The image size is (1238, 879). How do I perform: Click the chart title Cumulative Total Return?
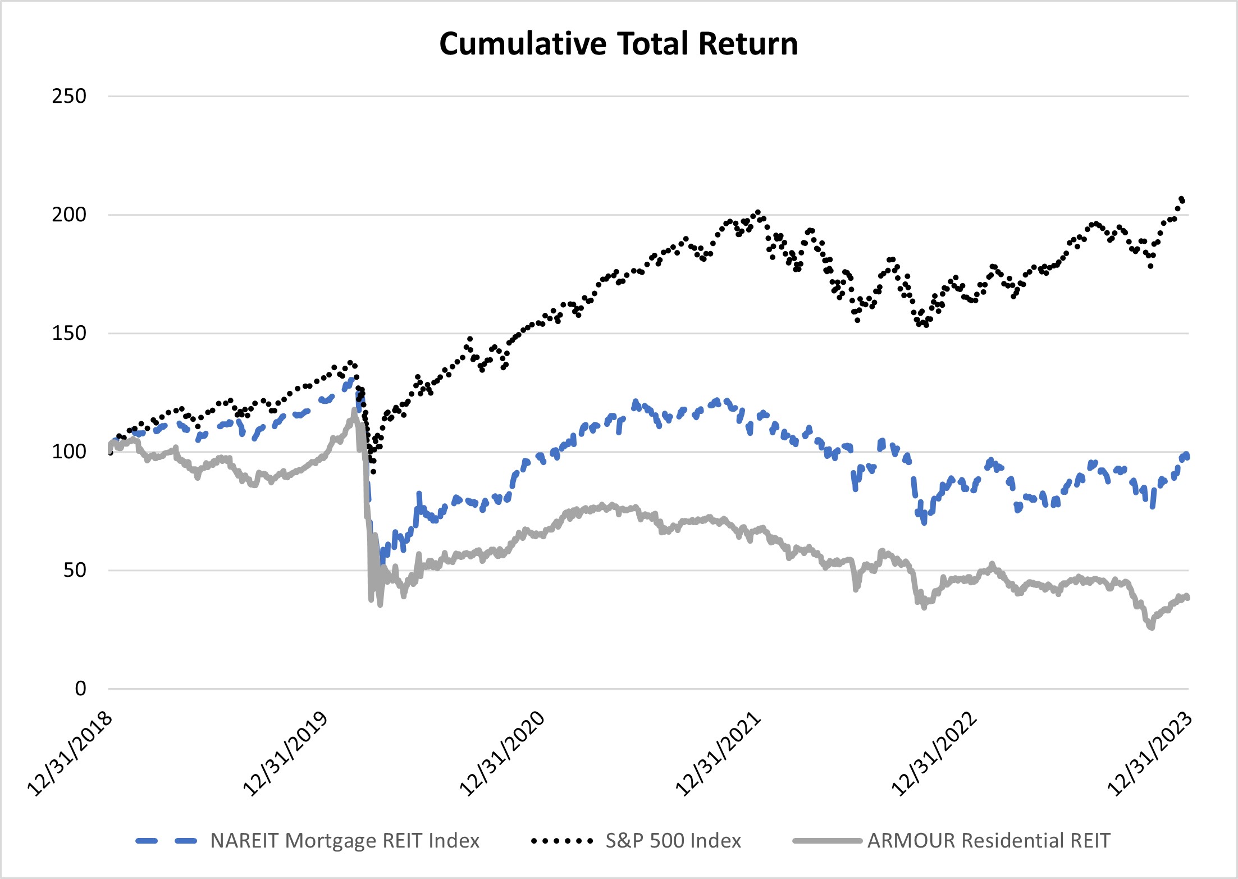(x=618, y=44)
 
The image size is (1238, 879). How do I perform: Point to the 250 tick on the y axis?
(x=69, y=96)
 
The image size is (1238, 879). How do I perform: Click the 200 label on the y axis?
(x=69, y=215)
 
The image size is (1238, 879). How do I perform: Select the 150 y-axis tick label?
(x=69, y=333)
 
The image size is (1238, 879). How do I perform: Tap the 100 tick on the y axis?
(x=69, y=452)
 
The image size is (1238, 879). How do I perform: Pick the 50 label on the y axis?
(x=74, y=570)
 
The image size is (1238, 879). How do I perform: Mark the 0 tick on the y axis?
(x=80, y=689)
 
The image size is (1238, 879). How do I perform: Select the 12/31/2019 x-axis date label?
(x=286, y=754)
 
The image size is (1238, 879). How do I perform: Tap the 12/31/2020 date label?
(x=502, y=754)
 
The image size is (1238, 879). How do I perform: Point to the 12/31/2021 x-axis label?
(x=719, y=754)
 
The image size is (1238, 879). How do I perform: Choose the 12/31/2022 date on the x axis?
(x=935, y=754)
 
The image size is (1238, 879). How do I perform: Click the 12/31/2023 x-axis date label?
(x=1150, y=754)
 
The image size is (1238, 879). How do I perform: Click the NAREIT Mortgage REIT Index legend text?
(x=345, y=841)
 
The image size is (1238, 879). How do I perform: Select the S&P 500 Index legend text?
(x=673, y=841)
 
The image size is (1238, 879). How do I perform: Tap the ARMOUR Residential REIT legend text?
(x=989, y=841)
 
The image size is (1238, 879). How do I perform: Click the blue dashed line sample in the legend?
(x=166, y=841)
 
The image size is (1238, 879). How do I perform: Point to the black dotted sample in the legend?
(x=562, y=841)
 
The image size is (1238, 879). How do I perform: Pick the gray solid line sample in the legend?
(x=827, y=841)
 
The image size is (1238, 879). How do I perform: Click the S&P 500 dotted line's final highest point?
(x=1182, y=199)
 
